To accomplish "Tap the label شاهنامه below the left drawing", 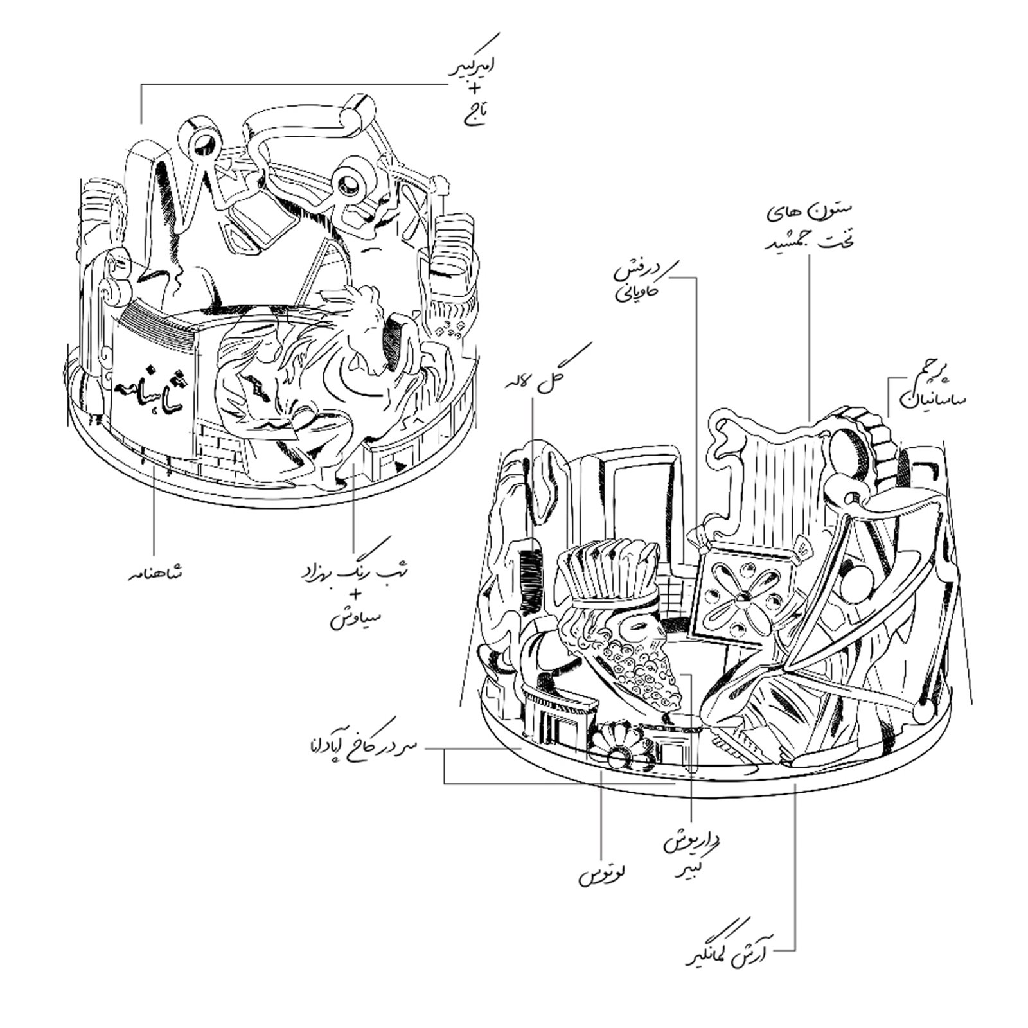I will point(154,572).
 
